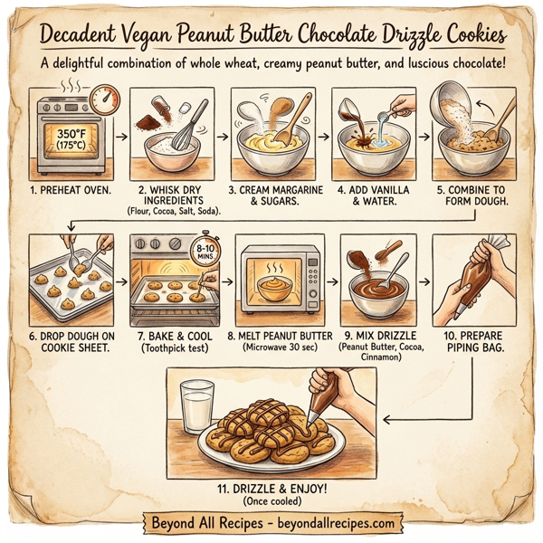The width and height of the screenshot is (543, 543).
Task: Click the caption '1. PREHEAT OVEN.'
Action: click(68, 190)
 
